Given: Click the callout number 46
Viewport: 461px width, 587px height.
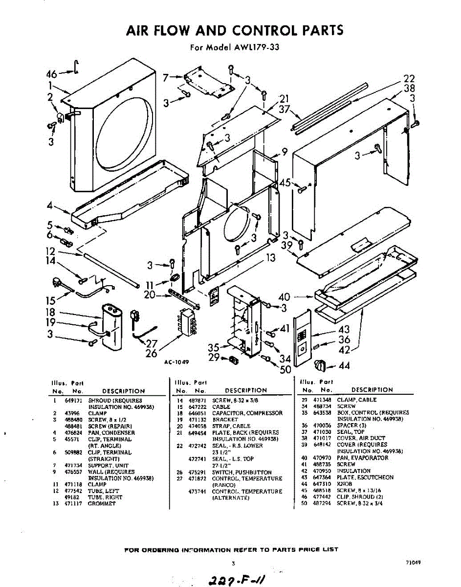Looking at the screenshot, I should tap(52, 74).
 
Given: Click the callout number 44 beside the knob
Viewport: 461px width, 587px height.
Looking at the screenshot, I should tap(344, 366).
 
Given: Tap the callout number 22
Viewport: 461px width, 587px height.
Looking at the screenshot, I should tap(409, 78).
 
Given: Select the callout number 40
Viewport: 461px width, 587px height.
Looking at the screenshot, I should tap(284, 296).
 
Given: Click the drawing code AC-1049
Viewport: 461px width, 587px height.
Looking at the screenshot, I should tap(176, 362).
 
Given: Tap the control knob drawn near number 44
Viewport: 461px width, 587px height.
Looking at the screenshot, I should tap(320, 364).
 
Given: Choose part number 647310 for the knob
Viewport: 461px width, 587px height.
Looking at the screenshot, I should tap(323, 483).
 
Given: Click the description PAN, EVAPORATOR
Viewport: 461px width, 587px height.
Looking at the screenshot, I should tap(362, 458).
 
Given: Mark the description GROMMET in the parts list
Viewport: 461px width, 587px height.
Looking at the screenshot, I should tap(102, 503).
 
